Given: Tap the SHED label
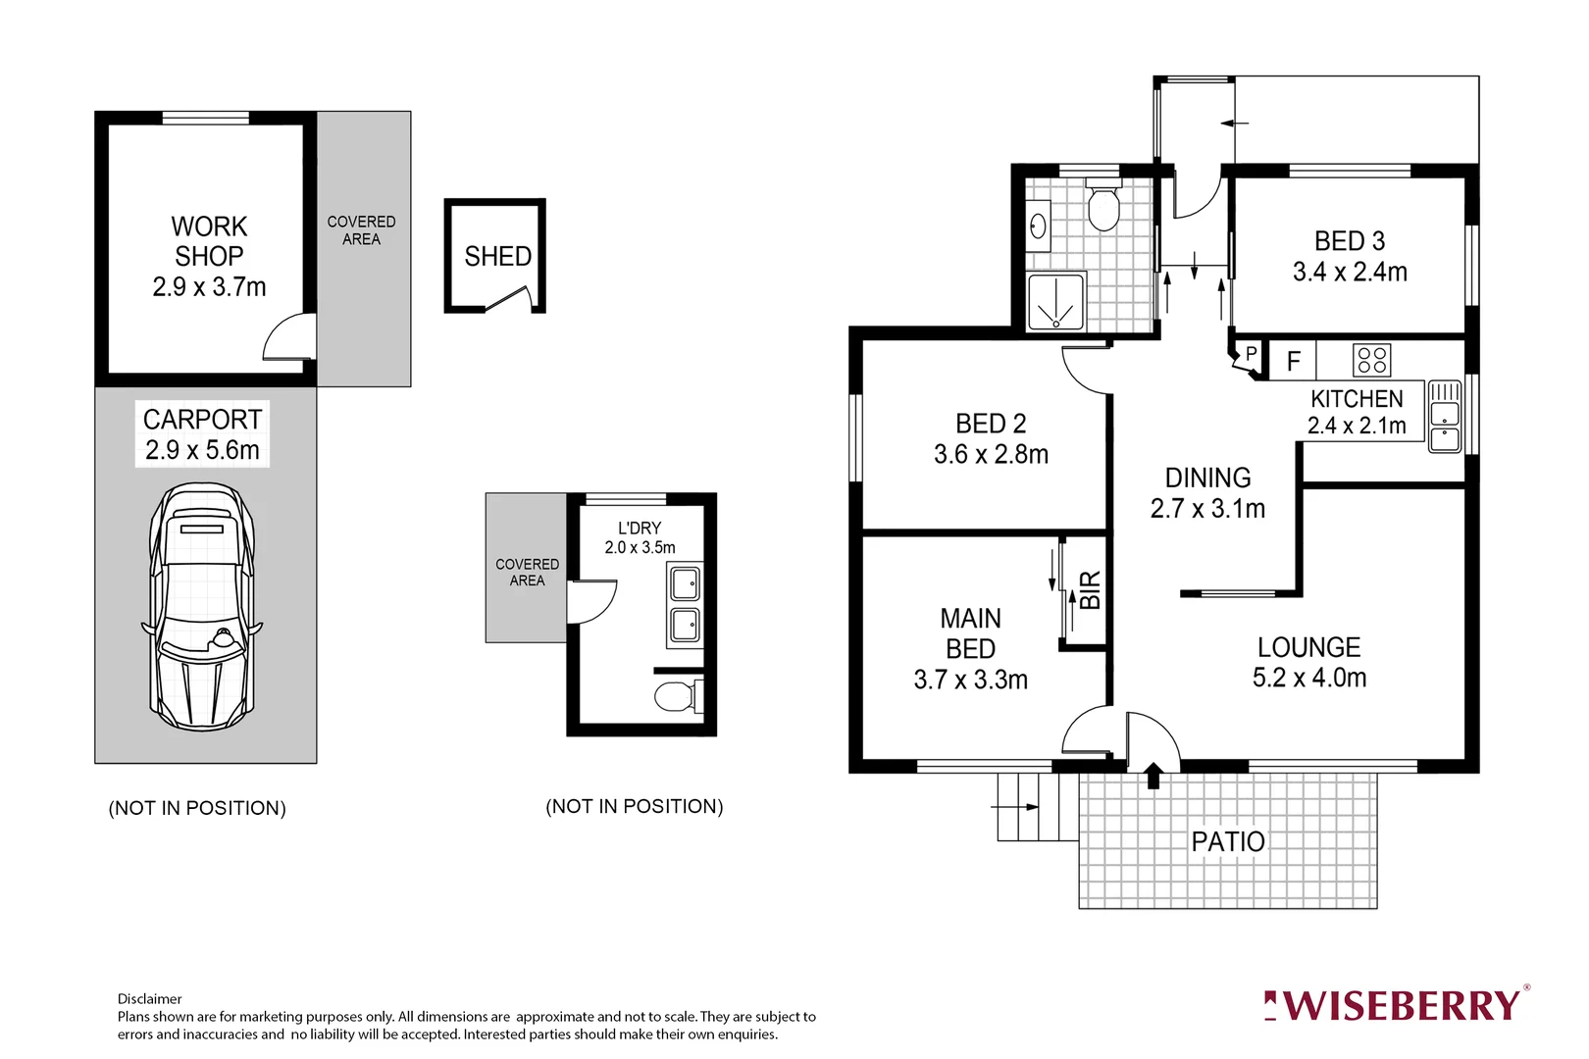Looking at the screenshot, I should pos(497,257).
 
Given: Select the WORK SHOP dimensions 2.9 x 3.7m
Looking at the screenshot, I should pos(209,287).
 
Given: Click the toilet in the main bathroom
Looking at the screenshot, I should pos(1103,207).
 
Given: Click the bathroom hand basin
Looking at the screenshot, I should pos(1038,227).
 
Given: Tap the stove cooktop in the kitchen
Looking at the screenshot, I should pos(1371,360).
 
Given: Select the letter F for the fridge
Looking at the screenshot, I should pos(1293,362).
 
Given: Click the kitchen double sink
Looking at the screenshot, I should pos(1444,417).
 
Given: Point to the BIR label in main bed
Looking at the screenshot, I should pos(1090,590).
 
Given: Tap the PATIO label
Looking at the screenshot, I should pos(1227,841).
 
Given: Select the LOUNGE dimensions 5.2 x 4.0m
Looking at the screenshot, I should pos(1308,678).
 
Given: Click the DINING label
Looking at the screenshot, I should pos(1207,478).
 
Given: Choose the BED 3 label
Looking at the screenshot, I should pos(1349,241).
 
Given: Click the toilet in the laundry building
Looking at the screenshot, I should pos(675,696).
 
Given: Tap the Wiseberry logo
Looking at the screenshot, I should pos(1397,1005).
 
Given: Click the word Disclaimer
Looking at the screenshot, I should pos(149,998).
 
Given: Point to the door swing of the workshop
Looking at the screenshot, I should pos(288,338).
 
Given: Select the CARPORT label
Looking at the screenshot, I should pos(202,420).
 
